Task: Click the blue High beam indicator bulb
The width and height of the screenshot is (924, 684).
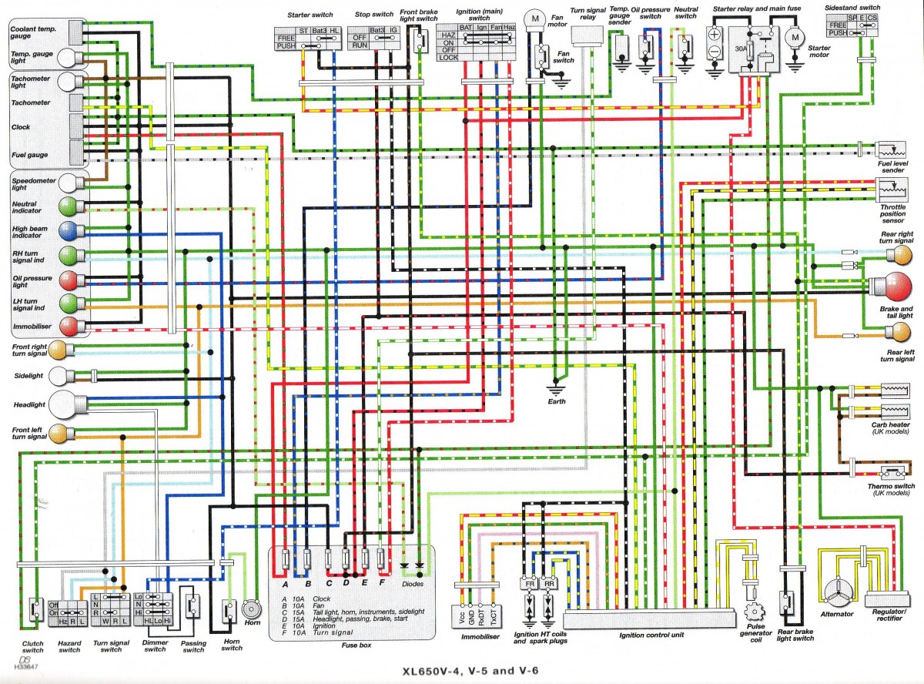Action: click(69, 230)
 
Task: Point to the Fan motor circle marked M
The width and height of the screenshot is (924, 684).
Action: click(533, 18)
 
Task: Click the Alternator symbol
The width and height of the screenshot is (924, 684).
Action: click(836, 591)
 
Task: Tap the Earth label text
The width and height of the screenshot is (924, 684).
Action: click(556, 401)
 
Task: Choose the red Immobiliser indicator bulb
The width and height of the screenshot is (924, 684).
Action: click(69, 326)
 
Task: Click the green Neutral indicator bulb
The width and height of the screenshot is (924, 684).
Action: click(69, 206)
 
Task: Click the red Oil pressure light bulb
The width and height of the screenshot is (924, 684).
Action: click(69, 278)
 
